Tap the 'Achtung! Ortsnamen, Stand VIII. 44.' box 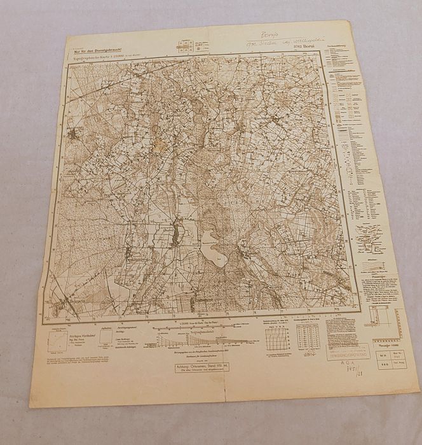pyautogui.click(x=199, y=366)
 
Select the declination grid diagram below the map pyautogui.click(x=277, y=337)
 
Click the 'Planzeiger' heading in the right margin pyautogui.click(x=371, y=278)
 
